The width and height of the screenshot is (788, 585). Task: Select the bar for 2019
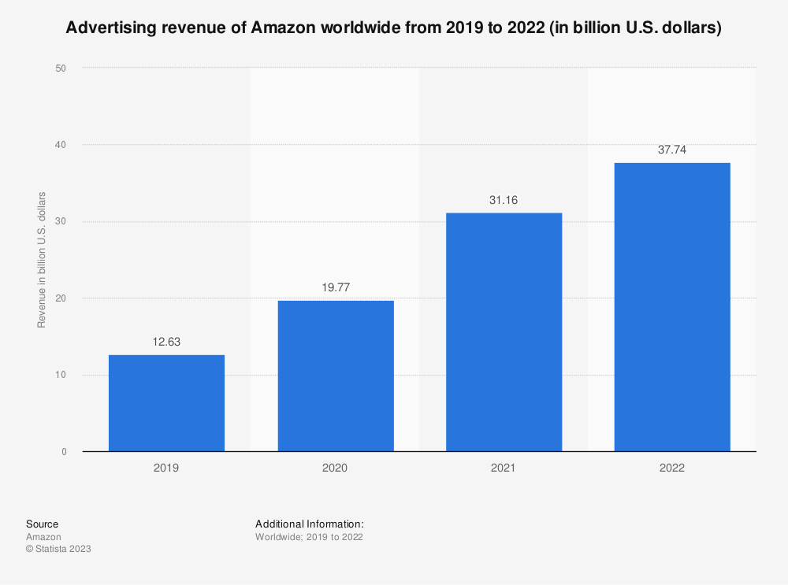[166, 403]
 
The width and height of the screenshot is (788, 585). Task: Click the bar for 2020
[336, 376]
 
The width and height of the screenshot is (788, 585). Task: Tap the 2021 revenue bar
[504, 332]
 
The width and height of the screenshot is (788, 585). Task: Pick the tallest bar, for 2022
[672, 307]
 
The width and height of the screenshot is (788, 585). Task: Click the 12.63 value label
[166, 342]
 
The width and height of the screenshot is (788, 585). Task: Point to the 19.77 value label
[336, 288]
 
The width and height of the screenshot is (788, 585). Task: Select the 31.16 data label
[504, 201]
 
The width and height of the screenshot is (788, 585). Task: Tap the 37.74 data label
[672, 150]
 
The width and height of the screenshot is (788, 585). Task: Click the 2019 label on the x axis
[166, 468]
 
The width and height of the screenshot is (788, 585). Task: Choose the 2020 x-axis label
[336, 468]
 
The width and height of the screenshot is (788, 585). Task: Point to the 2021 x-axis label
[504, 468]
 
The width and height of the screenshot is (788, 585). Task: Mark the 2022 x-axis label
[672, 468]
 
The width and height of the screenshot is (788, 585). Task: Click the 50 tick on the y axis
[60, 68]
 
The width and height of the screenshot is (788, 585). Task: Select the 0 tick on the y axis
[63, 452]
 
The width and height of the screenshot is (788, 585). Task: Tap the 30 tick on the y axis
[60, 222]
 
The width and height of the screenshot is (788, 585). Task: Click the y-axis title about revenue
[42, 260]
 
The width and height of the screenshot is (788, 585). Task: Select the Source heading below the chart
[42, 524]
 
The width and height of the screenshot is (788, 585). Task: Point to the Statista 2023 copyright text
[58, 550]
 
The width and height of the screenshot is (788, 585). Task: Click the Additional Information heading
[309, 524]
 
